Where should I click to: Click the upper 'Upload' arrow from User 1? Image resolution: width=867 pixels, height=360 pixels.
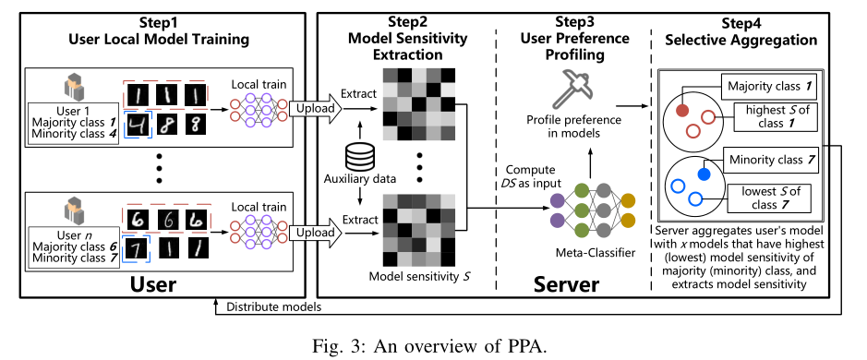pyautogui.click(x=314, y=109)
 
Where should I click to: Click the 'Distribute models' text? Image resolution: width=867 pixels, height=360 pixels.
pyautogui.click(x=274, y=306)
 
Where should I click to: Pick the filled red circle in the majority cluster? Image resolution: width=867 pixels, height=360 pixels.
pyautogui.click(x=683, y=110)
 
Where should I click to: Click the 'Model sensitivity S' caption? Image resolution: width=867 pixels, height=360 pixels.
pyautogui.click(x=414, y=274)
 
